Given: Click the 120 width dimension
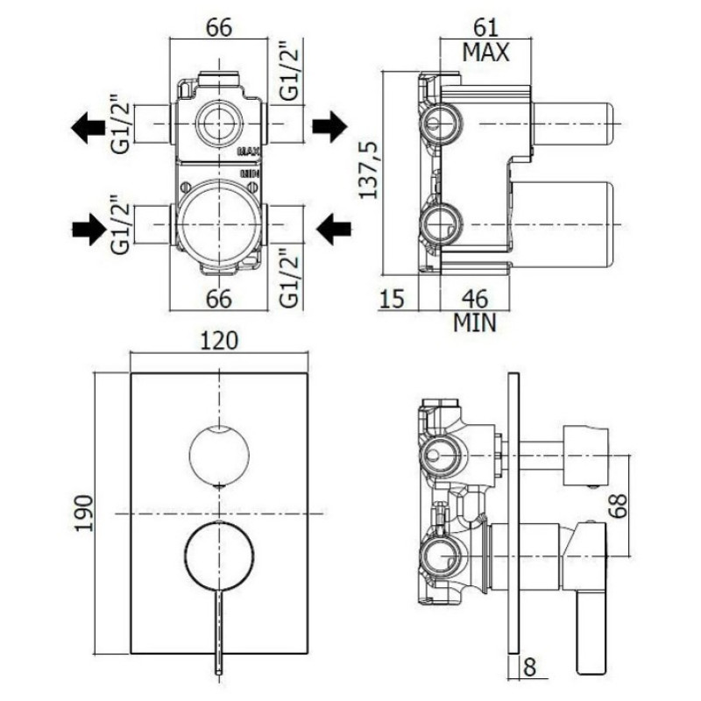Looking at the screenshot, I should click(219, 339).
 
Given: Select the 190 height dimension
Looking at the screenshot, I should click(84, 512).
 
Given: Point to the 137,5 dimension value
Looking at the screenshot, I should click(372, 168).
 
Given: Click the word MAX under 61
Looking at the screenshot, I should click(486, 53).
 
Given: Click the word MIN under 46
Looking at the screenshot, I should click(474, 323).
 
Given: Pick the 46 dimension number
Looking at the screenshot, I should click(474, 298).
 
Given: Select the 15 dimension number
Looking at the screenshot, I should click(394, 299).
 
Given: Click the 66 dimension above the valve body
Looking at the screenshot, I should click(218, 27).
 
